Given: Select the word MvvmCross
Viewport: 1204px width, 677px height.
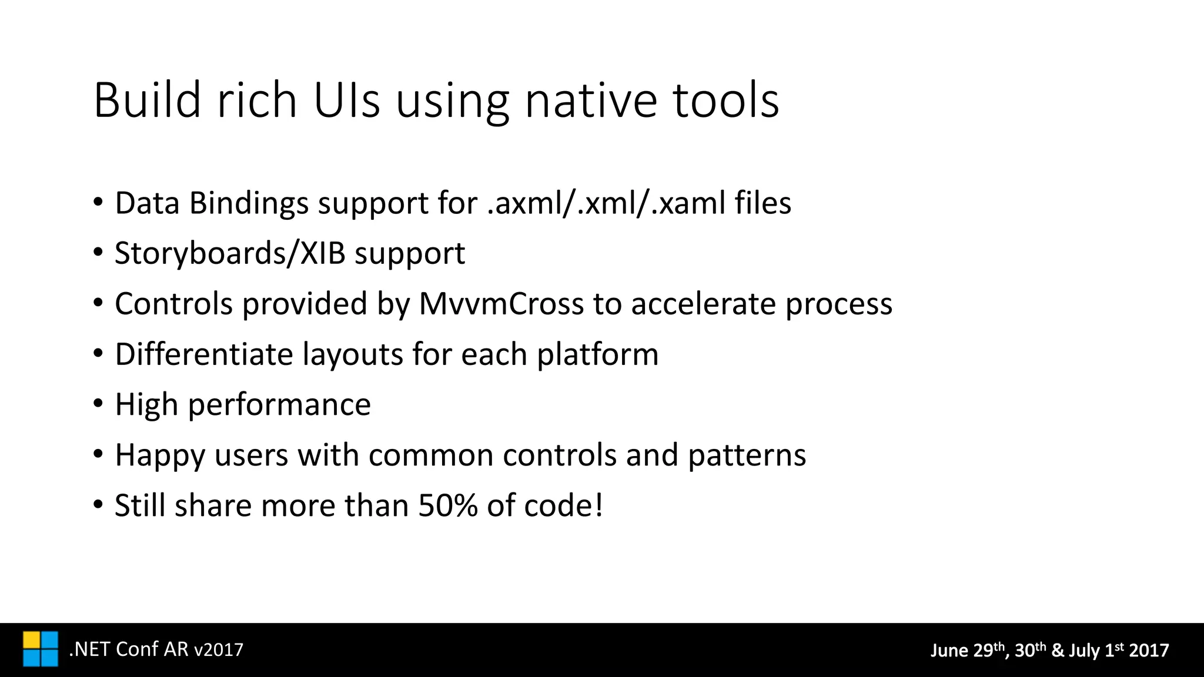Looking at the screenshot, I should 501,304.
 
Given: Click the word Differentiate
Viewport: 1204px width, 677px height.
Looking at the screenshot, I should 203,354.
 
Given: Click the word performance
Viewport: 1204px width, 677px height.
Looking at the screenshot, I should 279,405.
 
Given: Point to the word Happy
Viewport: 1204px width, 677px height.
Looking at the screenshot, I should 159,455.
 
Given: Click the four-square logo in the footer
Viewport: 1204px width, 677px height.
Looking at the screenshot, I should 41,649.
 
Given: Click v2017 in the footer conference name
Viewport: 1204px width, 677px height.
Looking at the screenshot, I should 218,649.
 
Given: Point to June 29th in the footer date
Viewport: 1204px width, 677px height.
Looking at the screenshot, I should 968,650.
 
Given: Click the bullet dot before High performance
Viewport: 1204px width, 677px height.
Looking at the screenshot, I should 98,404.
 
